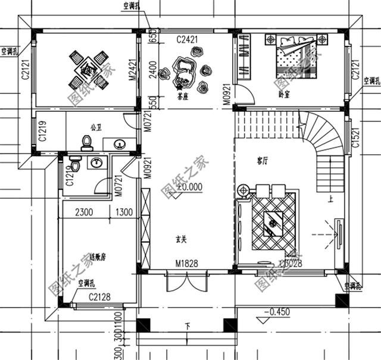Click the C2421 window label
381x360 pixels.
click(x=186, y=40)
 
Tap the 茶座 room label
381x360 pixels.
click(x=183, y=96)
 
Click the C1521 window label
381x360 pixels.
click(x=355, y=137)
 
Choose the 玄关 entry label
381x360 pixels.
click(x=182, y=240)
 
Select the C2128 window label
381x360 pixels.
click(x=101, y=297)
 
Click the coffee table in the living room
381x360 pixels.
click(x=273, y=223)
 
